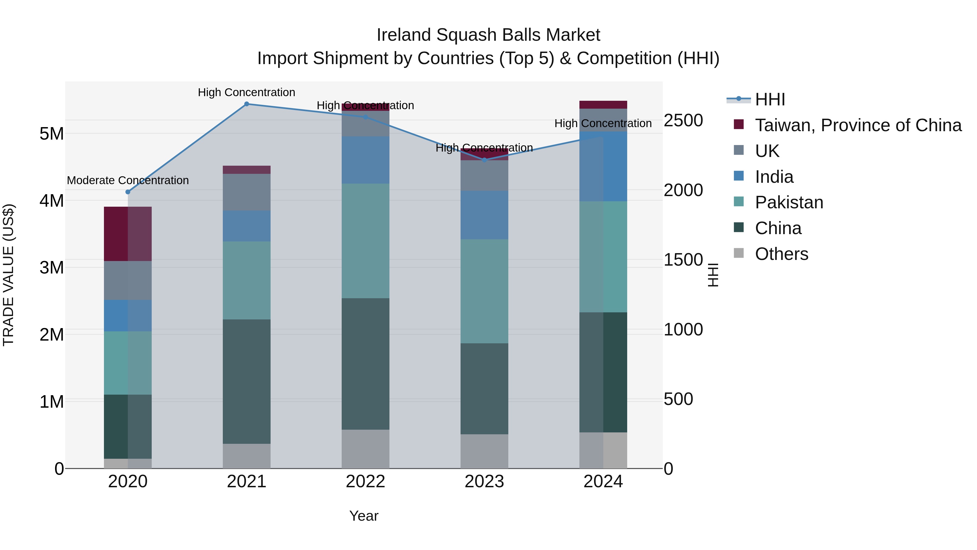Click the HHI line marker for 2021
(x=246, y=104)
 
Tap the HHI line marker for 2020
(x=128, y=192)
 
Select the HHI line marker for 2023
(x=484, y=160)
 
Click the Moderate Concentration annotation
(x=128, y=180)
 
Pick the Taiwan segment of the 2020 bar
(x=128, y=234)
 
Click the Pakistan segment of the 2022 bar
(x=365, y=241)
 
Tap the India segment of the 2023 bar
(x=484, y=215)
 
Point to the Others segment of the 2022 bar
(x=365, y=449)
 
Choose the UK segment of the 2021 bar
(x=246, y=192)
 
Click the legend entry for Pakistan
(x=789, y=202)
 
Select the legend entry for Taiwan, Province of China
(x=858, y=125)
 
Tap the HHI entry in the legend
(x=770, y=99)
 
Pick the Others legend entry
(x=781, y=254)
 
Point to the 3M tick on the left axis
(x=52, y=268)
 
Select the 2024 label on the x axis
(x=603, y=482)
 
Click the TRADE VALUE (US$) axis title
(x=8, y=275)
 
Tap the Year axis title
(x=364, y=516)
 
